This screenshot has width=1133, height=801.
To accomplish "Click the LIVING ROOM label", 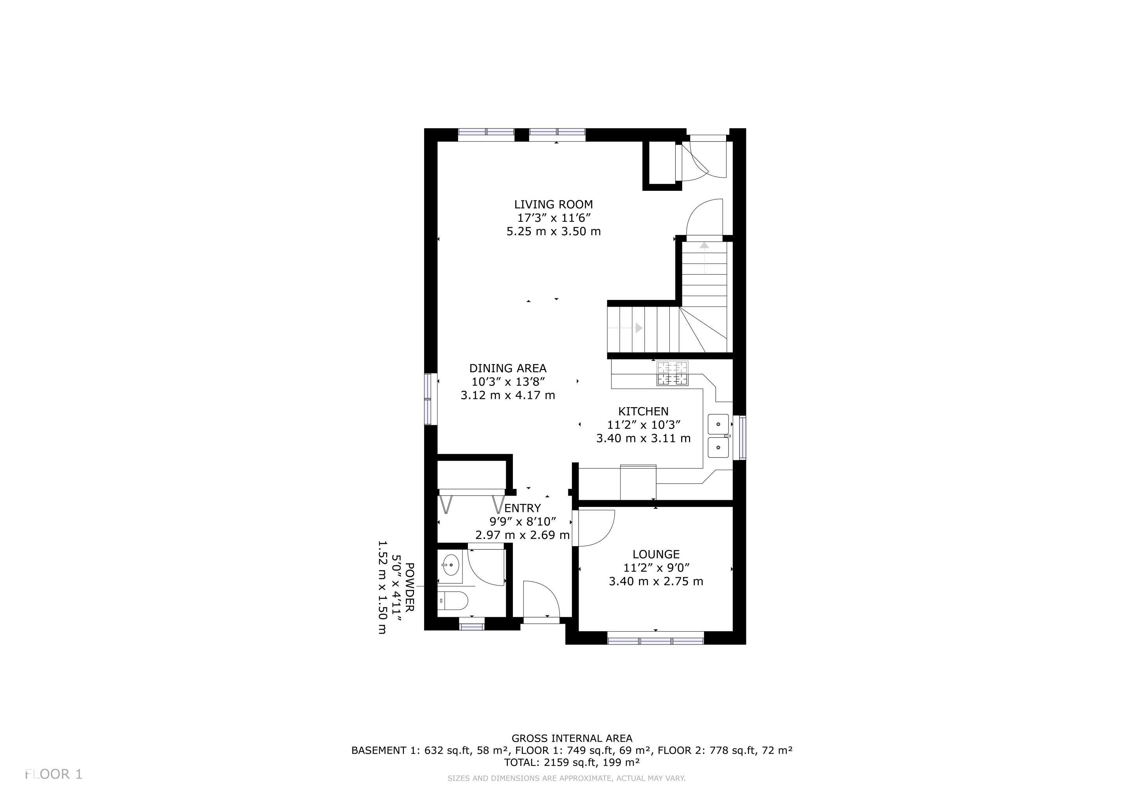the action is [554, 204].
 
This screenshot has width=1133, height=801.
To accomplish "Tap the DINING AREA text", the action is [508, 368].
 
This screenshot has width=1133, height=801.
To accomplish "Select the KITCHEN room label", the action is [644, 411].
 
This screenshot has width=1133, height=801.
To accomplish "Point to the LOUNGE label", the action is [656, 554].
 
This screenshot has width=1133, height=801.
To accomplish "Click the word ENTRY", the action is [523, 508].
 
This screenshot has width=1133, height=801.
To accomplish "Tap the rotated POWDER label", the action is [410, 587].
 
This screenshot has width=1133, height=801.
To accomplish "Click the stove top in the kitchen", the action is [672, 374].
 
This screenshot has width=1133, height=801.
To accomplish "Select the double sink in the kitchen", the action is [718, 436].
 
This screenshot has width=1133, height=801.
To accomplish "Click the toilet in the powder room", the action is [453, 600].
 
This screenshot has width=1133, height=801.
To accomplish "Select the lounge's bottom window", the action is [656, 641].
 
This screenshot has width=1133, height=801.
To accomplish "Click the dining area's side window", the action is [428, 399].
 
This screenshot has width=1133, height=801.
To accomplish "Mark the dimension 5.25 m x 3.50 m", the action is [554, 231].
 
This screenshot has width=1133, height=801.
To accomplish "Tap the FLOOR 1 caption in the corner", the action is [54, 774].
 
